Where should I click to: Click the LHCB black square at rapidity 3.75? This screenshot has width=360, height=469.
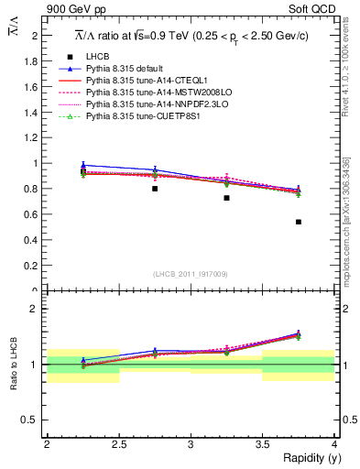pyautogui.click(x=299, y=222)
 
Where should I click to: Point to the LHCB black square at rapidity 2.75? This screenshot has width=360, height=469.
pyautogui.click(x=155, y=189)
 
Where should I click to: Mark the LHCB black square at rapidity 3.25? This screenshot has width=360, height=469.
pyautogui.click(x=226, y=198)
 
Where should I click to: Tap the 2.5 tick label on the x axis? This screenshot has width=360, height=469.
pyautogui.click(x=118, y=444)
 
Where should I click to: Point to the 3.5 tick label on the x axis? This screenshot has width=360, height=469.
pyautogui.click(x=262, y=444)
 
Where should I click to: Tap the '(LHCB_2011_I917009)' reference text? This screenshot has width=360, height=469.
pyautogui.click(x=191, y=274)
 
